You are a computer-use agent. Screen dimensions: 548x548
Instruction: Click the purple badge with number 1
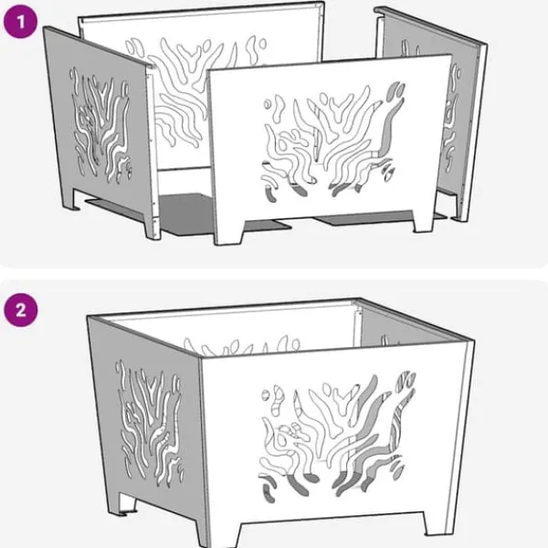20,21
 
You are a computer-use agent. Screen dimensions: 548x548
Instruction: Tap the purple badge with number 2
20,310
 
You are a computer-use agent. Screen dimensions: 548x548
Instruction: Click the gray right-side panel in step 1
432,111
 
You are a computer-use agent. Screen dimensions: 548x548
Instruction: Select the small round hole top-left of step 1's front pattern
268,104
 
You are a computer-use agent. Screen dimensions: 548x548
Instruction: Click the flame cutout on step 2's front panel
337,437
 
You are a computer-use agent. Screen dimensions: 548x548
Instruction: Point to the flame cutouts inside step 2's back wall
242,346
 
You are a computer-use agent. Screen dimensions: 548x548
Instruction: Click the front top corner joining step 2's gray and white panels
200,357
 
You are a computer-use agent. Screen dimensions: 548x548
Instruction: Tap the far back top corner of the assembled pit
359,300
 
